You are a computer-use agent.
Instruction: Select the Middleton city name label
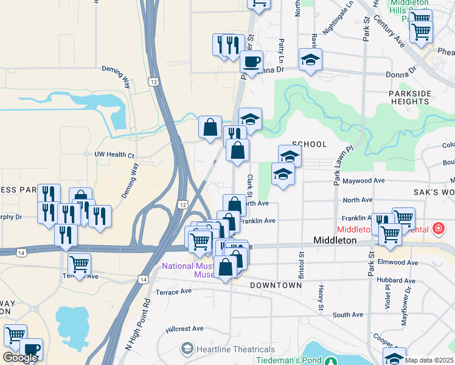click(335, 240)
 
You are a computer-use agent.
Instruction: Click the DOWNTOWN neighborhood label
click(276, 285)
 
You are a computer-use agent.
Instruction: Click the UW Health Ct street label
click(114, 155)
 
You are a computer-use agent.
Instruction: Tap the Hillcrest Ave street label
click(185, 328)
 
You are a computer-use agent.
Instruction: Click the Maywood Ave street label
click(364, 181)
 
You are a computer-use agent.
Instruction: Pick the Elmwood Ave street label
click(398, 263)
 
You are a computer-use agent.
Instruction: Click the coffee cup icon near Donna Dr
click(251, 61)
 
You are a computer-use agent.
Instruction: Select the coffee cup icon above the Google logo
click(31, 349)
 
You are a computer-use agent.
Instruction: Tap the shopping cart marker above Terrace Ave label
click(79, 265)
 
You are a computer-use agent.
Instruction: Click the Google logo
click(20, 358)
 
